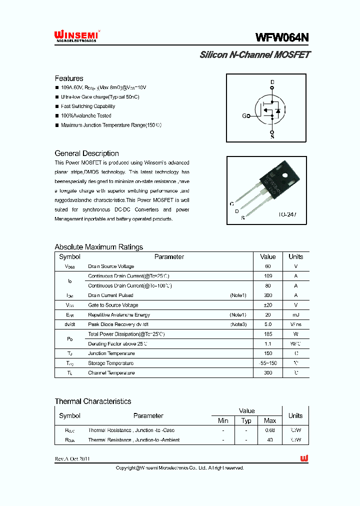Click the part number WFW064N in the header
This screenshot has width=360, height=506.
tap(282, 37)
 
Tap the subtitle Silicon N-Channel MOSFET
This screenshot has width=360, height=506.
tap(254, 55)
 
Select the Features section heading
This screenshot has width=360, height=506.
tap(69, 78)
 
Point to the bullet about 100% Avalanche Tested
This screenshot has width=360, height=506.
tap(86, 115)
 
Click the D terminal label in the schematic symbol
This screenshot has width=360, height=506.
tap(272, 81)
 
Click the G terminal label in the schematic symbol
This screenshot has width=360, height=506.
tap(244, 116)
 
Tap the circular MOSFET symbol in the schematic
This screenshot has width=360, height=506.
tap(270, 110)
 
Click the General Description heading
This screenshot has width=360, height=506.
tap(86, 153)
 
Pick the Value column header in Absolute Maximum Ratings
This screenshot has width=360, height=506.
tap(268, 256)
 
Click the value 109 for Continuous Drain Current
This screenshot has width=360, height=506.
tap(268, 276)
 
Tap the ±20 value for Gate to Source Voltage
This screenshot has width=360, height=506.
tap(268, 305)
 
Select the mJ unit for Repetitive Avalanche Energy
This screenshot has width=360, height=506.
tap(295, 315)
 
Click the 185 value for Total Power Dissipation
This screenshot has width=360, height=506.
tap(268, 334)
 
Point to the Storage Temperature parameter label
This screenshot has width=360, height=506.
tap(110, 363)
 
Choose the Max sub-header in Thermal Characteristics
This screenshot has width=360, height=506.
tap(270, 420)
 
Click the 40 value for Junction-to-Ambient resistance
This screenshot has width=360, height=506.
tap(270, 440)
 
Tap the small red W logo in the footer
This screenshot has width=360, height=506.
tap(303, 458)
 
